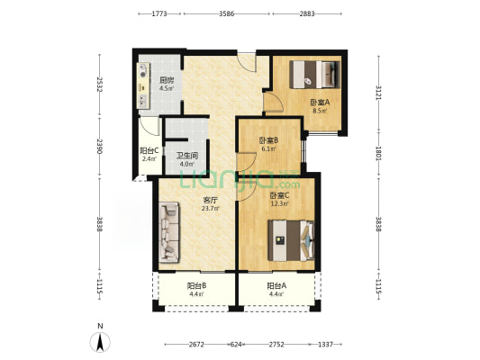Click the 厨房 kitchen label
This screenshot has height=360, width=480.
pos(167,80)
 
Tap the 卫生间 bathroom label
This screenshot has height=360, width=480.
pos(186,156)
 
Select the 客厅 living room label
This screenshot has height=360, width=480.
pos(211,201)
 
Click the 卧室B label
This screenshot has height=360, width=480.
pos(268,140)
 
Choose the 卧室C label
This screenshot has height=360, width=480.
pos(279,195)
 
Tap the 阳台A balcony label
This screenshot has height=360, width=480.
pos(276,286)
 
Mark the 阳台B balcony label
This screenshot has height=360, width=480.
pos(196,286)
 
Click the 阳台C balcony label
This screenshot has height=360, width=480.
pos(149,151)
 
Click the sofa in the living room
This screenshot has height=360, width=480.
pos(168,232)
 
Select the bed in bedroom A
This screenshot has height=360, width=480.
pos(315,75)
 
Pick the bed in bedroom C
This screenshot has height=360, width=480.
pos(291,240)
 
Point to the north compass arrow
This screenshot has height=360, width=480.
pos(100,342)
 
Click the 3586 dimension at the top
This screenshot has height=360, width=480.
pos(227,13)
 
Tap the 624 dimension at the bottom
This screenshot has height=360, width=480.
pos(236,345)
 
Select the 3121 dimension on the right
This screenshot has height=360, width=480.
pos(378,92)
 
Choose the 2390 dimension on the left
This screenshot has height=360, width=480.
pos(99,146)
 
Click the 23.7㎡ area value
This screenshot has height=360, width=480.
pos(211,209)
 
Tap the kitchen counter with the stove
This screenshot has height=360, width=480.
pos(143,85)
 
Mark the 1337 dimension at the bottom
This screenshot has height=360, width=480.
pos(325,345)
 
